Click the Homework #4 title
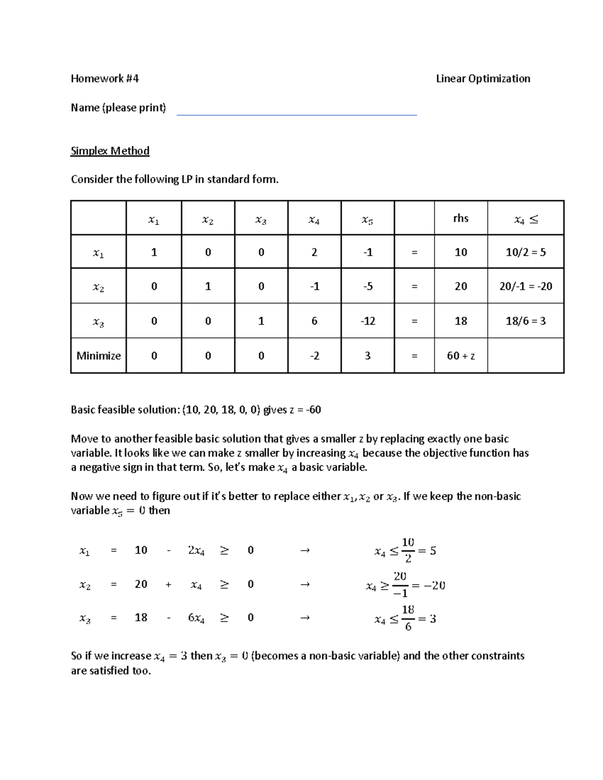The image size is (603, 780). coord(105,78)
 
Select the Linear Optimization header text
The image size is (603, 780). coord(483,78)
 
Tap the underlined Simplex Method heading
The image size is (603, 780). coord(110,151)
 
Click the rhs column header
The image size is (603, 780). coord(460,218)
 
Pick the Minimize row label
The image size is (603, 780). coord(98,356)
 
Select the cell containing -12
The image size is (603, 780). coord(367,321)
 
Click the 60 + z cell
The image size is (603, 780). coord(460,356)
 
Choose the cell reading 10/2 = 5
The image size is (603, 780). coord(525,252)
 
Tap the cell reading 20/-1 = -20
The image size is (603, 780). coord(525,286)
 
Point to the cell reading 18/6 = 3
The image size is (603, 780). coord(525,321)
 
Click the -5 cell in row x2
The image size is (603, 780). coord(367,286)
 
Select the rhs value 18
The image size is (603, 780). coord(460,321)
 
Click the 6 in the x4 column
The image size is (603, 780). coord(314,321)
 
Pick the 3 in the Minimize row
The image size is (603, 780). coord(367,356)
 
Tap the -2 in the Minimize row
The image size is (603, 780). coord(314,356)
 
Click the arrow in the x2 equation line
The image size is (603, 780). coord(304,584)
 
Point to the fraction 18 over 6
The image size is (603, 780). coord(408,618)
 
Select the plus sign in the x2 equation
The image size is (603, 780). coord(168,584)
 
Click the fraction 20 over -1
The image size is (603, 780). coord(400,585)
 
